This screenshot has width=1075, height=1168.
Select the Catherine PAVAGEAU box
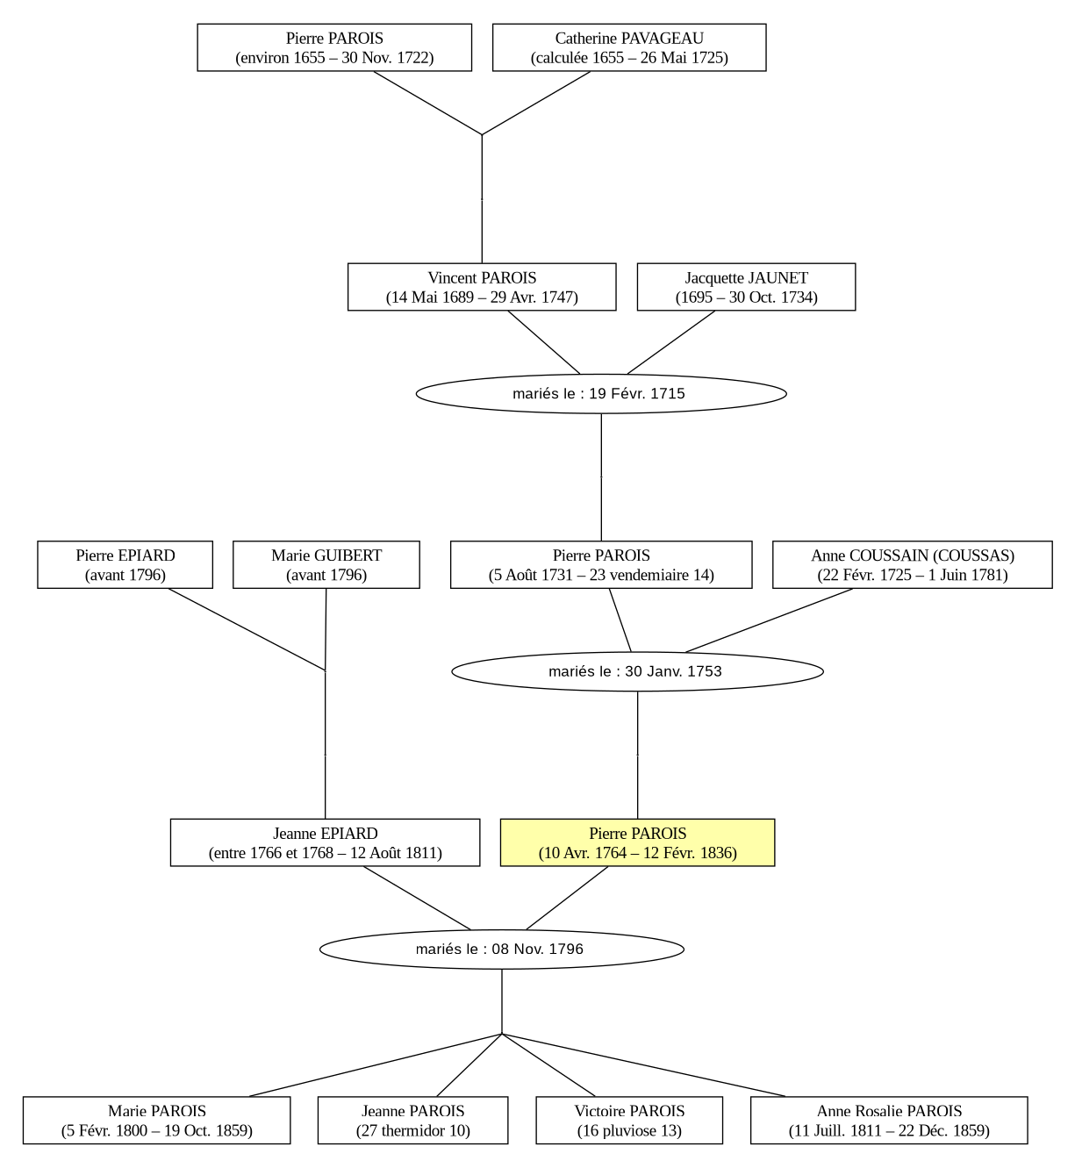(629, 47)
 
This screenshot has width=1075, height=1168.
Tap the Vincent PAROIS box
(482, 286)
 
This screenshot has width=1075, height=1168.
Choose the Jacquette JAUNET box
(746, 286)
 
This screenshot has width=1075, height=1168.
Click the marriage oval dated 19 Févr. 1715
(601, 394)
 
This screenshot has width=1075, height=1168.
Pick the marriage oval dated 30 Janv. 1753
(637, 671)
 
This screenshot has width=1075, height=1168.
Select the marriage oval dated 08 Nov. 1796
(501, 949)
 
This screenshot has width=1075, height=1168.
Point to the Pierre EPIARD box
(125, 564)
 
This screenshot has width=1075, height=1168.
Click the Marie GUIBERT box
(326, 564)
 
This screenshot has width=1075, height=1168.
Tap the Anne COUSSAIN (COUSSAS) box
(912, 564)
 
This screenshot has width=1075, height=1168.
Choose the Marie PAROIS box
(157, 1120)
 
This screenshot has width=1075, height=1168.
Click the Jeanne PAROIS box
(412, 1120)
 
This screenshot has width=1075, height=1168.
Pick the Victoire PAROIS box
(629, 1120)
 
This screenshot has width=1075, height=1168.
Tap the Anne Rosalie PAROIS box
(889, 1120)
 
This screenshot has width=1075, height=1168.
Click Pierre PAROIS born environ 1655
(334, 47)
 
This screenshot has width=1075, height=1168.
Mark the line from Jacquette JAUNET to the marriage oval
(670, 342)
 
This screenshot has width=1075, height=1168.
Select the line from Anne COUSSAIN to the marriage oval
(769, 620)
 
